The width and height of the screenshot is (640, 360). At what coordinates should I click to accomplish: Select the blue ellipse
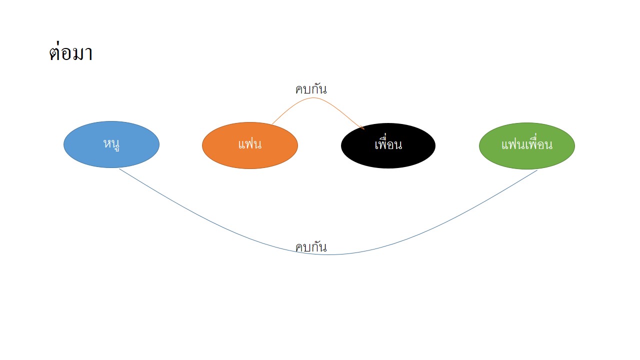111,144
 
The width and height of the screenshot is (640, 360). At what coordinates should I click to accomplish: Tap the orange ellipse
250,145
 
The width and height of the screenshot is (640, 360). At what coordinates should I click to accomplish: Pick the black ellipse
388,145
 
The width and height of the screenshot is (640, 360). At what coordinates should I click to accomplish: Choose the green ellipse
527,146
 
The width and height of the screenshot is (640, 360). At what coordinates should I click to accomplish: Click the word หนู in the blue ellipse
111,144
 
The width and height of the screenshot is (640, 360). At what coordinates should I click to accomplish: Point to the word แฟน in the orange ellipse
250,144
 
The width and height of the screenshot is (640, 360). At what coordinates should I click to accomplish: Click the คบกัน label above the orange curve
311,89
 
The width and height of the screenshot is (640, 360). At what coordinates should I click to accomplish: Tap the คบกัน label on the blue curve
311,247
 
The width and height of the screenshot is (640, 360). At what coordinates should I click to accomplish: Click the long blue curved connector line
328,254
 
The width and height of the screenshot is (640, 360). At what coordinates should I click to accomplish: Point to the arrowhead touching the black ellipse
363,128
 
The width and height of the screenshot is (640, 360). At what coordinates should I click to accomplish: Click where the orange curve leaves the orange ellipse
272,124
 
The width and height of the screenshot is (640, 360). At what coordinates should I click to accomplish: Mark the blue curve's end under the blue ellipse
119,169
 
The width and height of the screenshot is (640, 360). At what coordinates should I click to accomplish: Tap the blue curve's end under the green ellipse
537,170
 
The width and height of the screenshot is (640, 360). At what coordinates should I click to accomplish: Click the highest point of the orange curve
313,97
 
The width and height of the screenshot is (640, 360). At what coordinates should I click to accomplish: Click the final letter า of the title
89,53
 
